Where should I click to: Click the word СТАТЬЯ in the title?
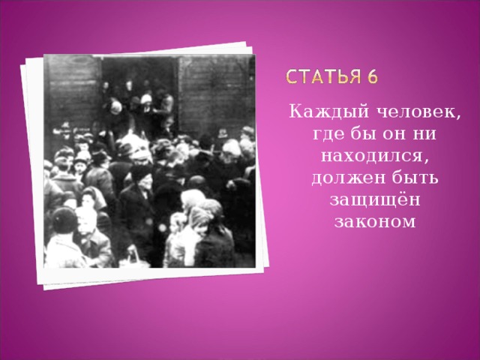pyautogui.click(x=329, y=78)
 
